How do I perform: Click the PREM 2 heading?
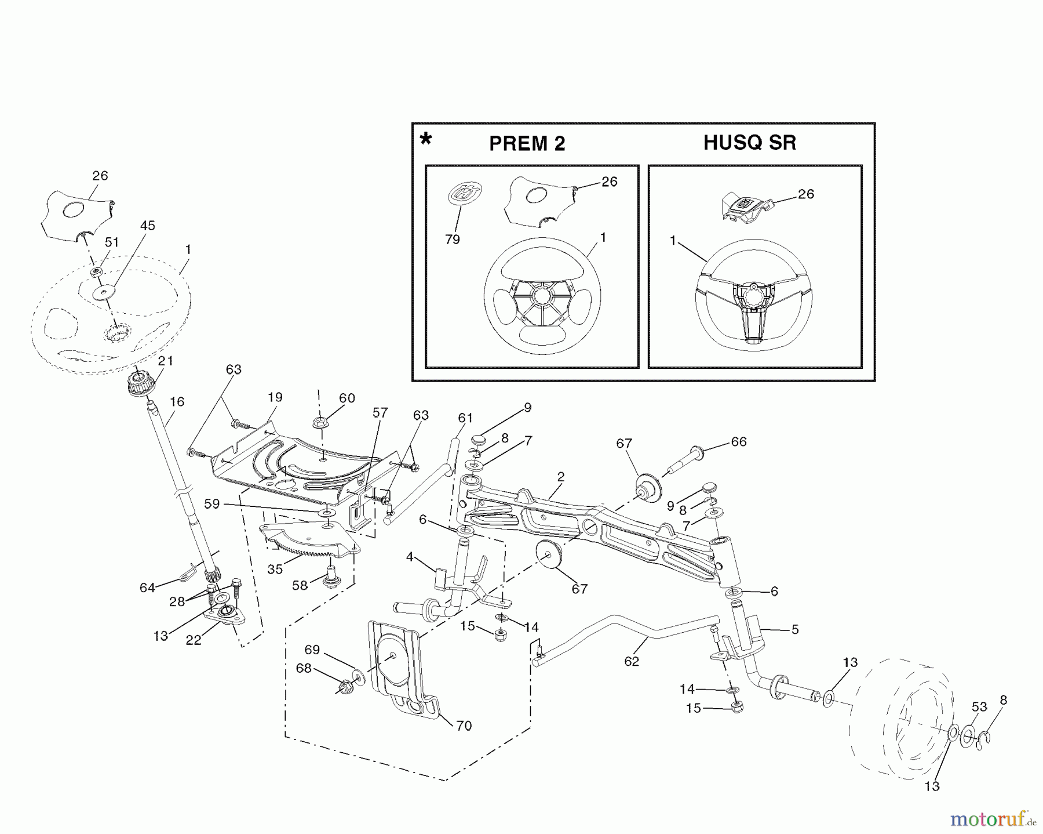[527, 144]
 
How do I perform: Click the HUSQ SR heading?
[749, 143]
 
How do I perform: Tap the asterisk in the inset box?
[426, 140]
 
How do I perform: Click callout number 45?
[148, 226]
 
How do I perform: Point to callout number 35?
[275, 569]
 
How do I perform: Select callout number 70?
[464, 725]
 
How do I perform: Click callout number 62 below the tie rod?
[631, 661]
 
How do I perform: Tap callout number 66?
[738, 441]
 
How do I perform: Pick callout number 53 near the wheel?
[979, 706]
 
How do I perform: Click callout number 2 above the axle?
[560, 477]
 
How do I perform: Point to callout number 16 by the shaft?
[177, 401]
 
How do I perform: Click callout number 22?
[193, 640]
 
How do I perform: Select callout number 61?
[465, 418]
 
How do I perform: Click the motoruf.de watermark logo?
[992, 820]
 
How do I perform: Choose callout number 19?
[275, 397]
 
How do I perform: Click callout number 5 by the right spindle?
[794, 629]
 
